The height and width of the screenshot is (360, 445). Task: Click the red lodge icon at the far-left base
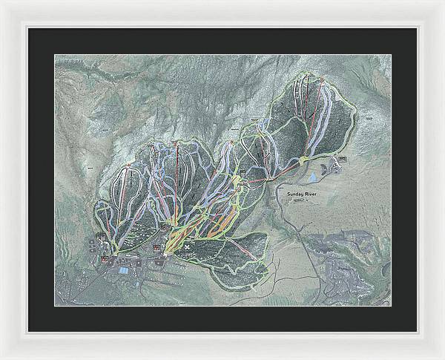click(x=105, y=259)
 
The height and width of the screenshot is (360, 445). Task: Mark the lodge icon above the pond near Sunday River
click(x=342, y=160)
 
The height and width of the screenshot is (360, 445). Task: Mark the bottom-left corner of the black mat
click(x=29, y=331)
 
